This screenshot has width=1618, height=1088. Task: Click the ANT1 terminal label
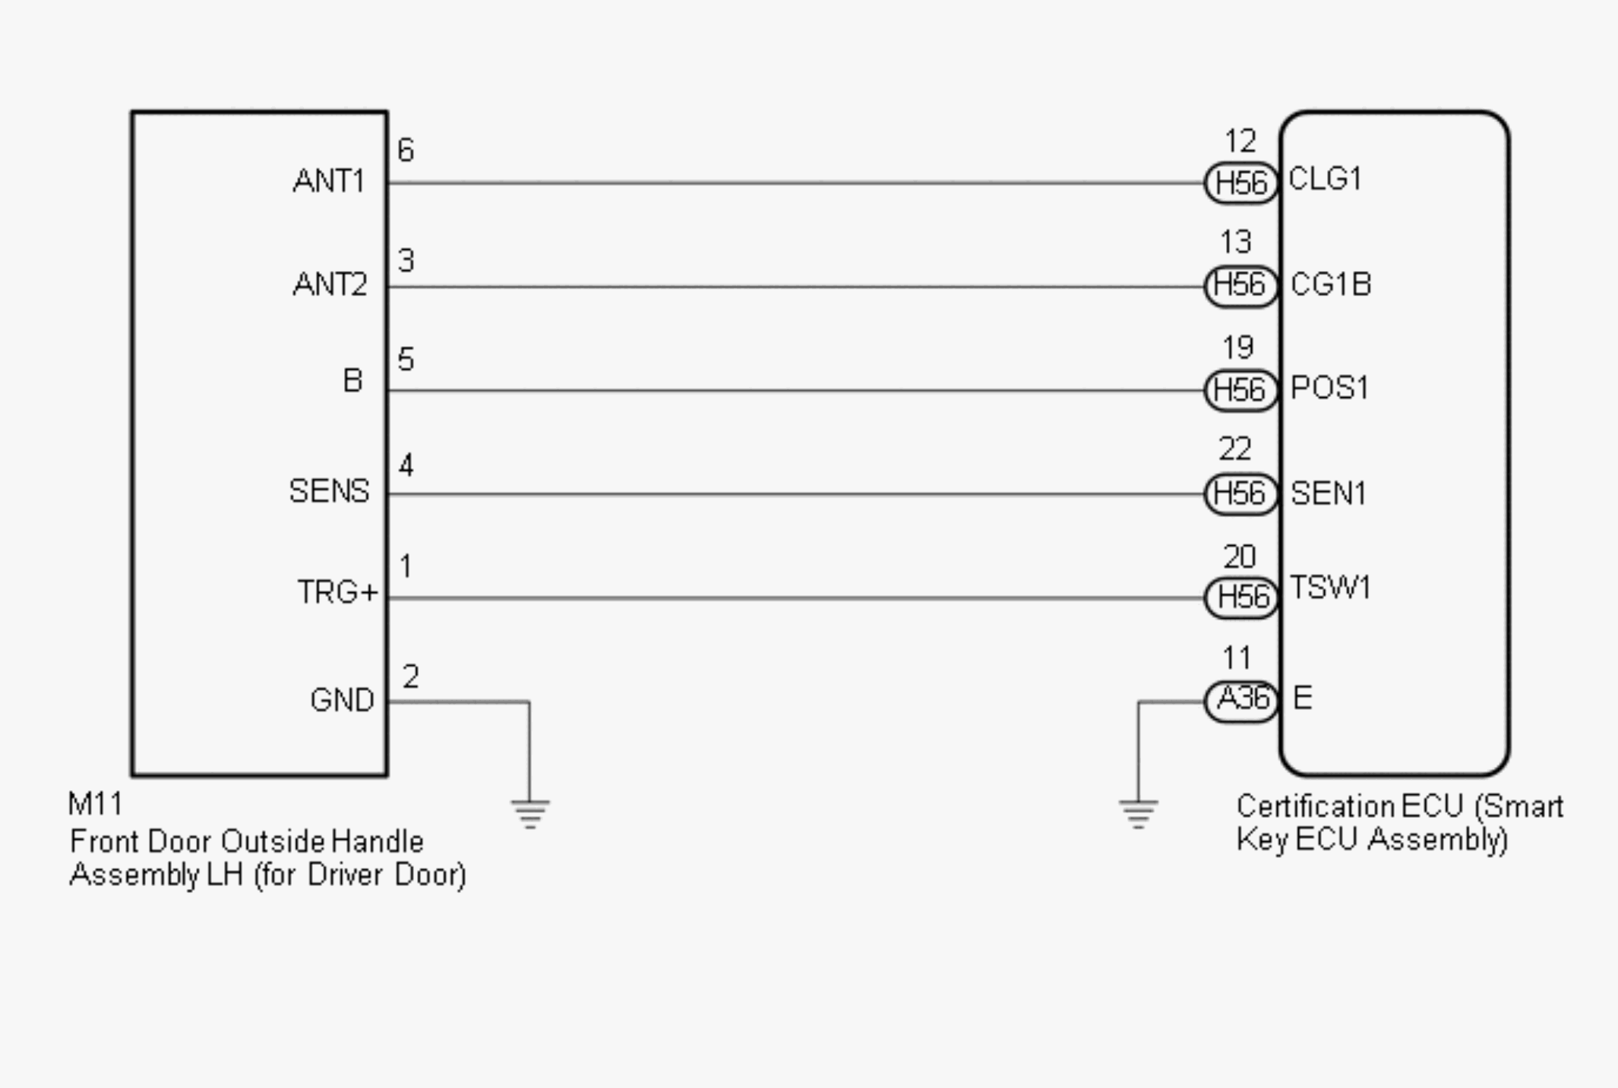tap(328, 181)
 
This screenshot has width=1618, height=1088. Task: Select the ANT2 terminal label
tap(330, 285)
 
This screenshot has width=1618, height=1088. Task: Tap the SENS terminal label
tap(329, 491)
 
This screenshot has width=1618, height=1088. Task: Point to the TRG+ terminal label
tap(337, 592)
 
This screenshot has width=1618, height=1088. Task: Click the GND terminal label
tap(342, 700)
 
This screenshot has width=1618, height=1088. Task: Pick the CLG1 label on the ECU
tap(1325, 179)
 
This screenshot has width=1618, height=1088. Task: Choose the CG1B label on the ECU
tap(1331, 285)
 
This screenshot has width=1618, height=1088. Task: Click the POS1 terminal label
tap(1329, 389)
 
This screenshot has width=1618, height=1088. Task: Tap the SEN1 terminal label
tap(1329, 494)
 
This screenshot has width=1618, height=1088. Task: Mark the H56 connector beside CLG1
tap(1241, 183)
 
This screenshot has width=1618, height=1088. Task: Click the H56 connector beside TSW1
tap(1241, 598)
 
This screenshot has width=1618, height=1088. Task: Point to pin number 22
tap(1235, 449)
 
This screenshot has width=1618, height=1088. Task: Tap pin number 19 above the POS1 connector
tap(1238, 348)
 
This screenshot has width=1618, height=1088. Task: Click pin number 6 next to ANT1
tap(406, 150)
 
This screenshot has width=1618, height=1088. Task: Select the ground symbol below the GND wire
tap(529, 813)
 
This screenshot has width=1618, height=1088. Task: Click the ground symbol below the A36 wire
tap(1138, 813)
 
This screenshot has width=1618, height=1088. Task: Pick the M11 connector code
tap(94, 804)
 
